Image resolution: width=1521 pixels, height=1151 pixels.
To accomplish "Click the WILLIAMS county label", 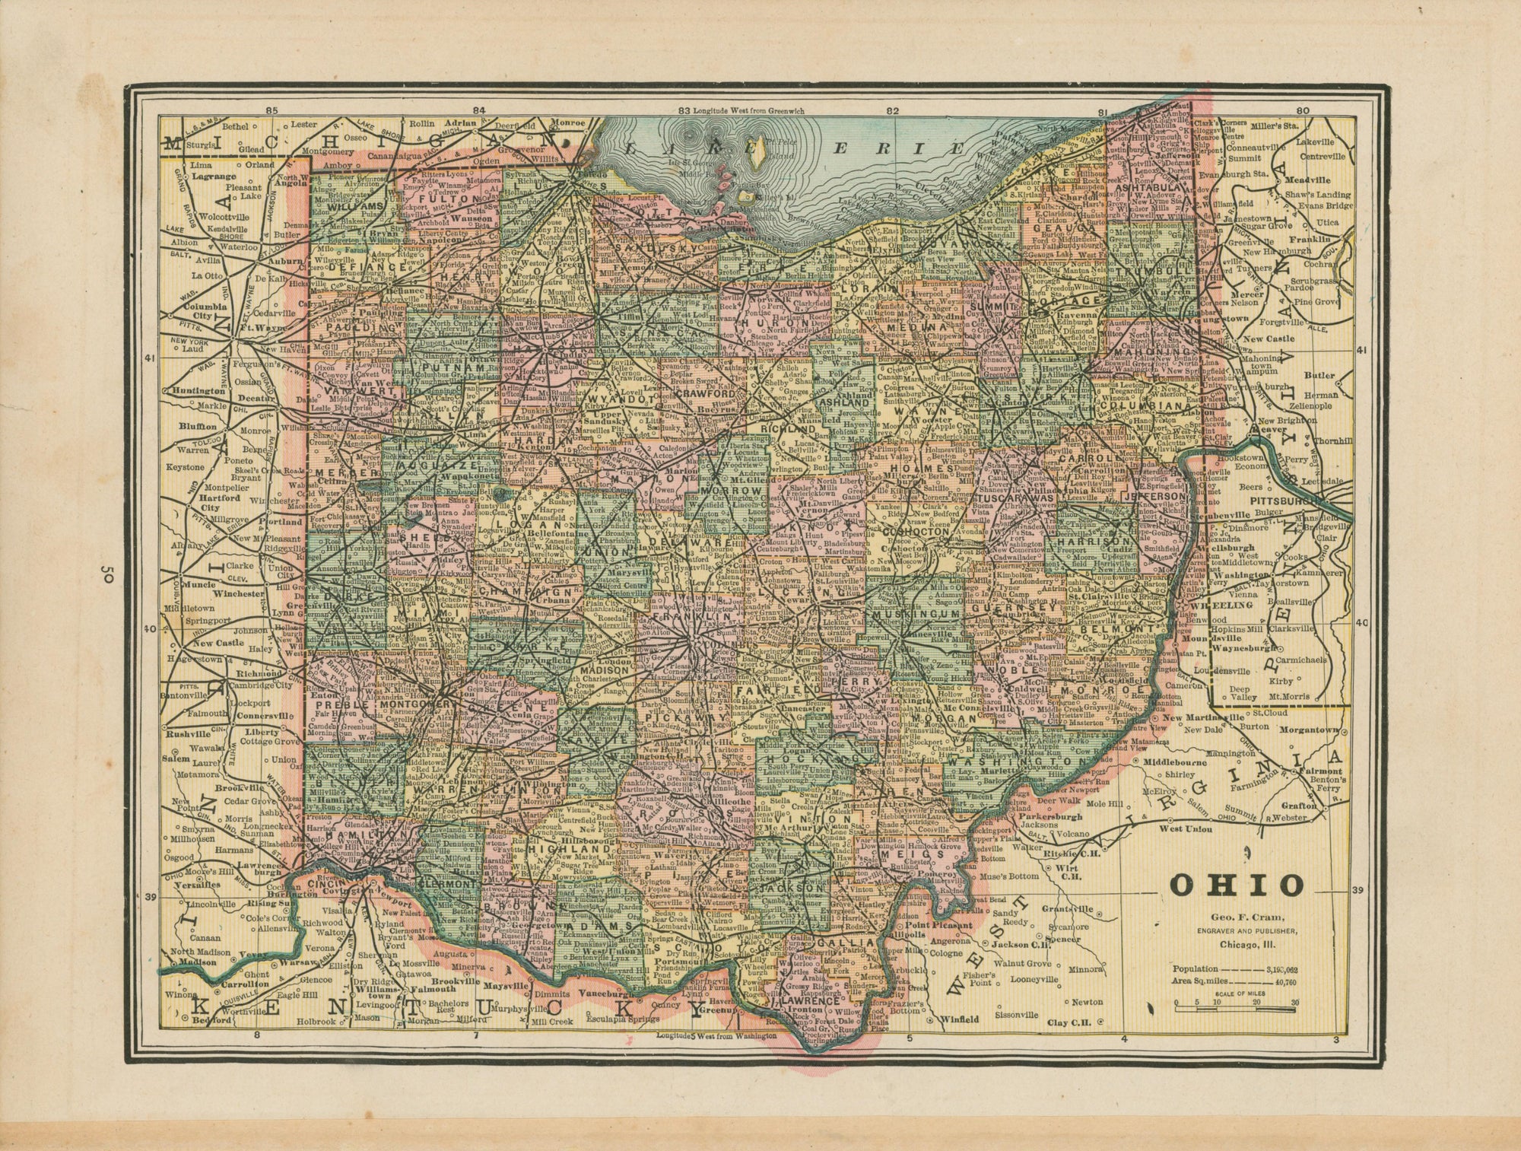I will coord(354,206).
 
